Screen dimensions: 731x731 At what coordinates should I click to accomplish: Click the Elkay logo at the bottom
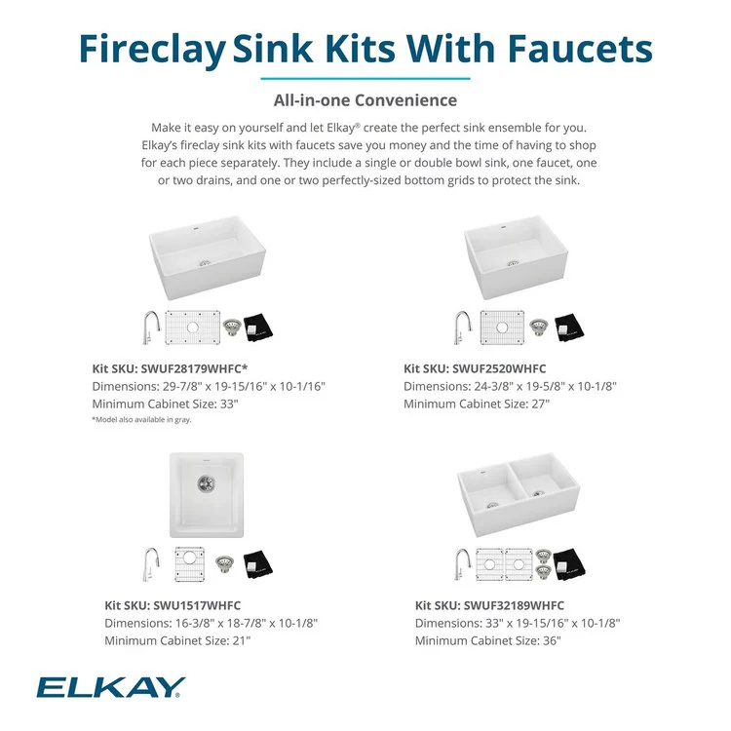pyautogui.click(x=111, y=688)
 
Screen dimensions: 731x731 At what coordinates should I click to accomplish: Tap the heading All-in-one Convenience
pyautogui.click(x=365, y=99)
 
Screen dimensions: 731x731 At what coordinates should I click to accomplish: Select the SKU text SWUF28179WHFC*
pyautogui.click(x=215, y=368)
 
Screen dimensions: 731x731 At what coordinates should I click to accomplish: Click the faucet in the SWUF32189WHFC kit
pyautogui.click(x=463, y=564)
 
